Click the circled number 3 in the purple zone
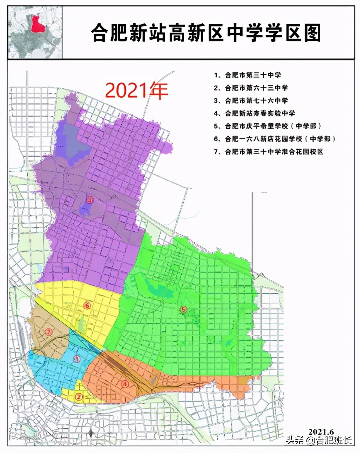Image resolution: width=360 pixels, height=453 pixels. [x=89, y=199]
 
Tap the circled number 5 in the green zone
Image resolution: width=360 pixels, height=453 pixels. [x=184, y=309]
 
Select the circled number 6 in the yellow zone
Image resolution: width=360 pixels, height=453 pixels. [x=87, y=305]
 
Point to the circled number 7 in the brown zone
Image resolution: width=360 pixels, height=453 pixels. [x=49, y=332]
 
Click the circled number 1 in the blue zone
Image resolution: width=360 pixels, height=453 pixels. [x=76, y=359]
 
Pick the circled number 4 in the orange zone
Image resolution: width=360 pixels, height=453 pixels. [x=125, y=384]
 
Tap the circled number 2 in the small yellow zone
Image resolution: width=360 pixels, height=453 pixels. [x=78, y=396]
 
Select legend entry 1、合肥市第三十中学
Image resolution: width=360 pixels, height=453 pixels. [x=248, y=75]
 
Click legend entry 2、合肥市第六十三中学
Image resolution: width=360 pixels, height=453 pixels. [x=251, y=88]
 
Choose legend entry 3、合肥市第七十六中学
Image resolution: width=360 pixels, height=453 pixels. [x=251, y=101]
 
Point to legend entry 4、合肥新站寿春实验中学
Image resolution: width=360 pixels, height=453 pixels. [x=255, y=113]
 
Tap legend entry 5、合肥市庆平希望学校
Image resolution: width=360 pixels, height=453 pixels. [x=268, y=126]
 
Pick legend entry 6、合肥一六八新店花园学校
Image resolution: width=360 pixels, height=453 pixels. [x=275, y=139]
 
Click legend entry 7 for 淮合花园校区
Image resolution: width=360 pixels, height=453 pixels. [x=269, y=152]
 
